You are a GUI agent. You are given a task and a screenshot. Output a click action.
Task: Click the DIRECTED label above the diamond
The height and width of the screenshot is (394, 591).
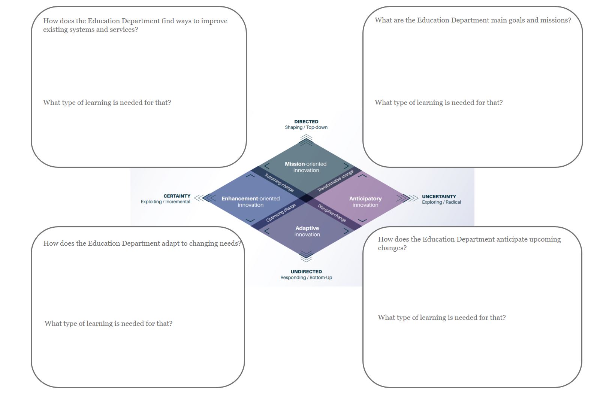coord(306,122)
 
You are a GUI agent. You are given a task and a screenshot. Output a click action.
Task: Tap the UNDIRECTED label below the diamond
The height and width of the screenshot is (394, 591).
coord(306,272)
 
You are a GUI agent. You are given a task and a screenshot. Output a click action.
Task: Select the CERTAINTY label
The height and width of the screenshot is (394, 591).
coord(177,196)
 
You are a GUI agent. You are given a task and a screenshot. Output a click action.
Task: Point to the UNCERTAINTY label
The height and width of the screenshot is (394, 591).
coord(439,196)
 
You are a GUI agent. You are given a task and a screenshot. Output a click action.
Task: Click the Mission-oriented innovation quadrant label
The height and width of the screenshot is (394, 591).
coord(306,167)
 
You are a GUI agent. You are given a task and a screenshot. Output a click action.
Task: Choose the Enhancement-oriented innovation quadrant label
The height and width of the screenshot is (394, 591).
coord(250,201)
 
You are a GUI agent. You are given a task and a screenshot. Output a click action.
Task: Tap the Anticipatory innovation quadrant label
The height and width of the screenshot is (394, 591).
coord(365,201)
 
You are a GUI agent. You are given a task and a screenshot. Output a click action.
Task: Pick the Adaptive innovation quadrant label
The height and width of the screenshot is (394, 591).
coord(307,231)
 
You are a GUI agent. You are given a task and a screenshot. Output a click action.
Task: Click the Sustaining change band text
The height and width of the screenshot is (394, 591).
coord(279,182)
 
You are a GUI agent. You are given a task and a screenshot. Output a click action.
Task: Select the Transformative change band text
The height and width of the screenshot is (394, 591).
coord(335,181)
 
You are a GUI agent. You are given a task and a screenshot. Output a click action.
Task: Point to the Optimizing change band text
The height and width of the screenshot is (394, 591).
coord(281,213)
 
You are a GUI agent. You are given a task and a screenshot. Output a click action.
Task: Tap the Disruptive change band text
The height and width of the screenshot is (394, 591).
coord(332,213)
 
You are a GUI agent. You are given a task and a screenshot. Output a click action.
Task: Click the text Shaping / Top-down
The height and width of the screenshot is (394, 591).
coord(306,127)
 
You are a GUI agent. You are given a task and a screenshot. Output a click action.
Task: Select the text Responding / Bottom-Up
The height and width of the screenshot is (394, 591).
coord(306,278)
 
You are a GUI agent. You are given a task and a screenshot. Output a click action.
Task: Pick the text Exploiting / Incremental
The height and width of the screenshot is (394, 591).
coord(166,201)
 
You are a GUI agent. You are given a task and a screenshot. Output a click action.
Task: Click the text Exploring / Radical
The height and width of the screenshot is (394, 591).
coord(441,202)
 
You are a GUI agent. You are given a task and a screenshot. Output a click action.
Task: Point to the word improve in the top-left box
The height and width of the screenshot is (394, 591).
coord(214,21)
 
